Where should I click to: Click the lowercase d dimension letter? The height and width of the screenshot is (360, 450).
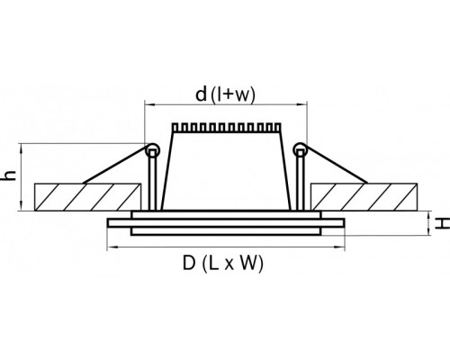point(201,94)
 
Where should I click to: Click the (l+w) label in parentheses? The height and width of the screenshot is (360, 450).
point(233,94)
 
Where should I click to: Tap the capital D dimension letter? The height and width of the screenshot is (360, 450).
point(189,263)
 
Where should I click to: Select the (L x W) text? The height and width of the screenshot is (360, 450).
point(233,264)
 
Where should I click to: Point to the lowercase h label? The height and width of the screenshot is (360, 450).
point(10,175)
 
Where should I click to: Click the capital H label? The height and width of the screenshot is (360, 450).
point(442,223)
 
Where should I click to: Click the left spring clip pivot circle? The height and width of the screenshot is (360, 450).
point(152,150)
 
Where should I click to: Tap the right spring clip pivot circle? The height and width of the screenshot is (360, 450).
point(301,149)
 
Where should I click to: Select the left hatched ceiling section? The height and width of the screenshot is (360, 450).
point(87,197)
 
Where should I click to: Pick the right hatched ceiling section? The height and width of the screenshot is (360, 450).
point(364,196)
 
